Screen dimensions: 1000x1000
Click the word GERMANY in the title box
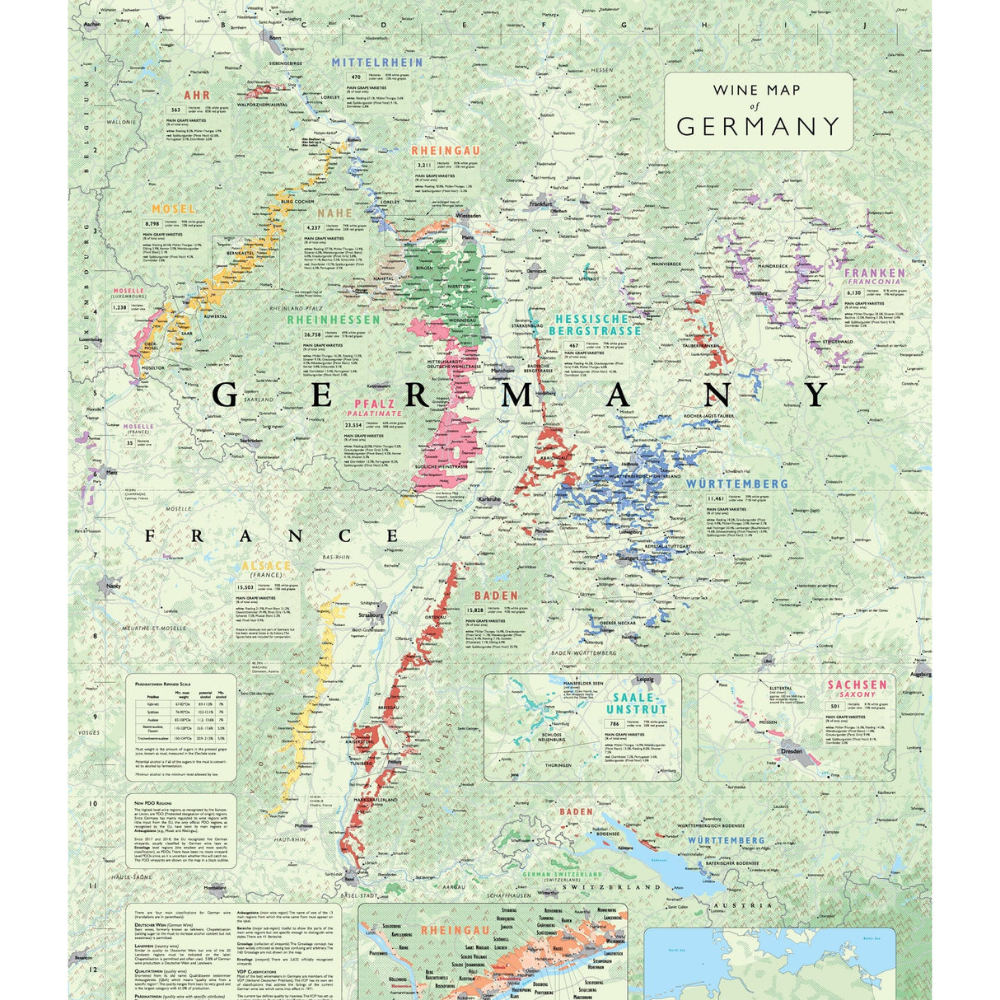[758, 126]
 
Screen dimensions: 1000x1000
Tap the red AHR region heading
[197, 96]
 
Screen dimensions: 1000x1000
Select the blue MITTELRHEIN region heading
[377, 62]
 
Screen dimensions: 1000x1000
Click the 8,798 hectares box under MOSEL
[152, 223]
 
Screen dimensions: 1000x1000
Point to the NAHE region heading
[334, 213]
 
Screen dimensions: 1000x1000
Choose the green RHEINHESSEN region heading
[334, 319]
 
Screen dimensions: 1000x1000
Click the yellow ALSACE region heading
[266, 566]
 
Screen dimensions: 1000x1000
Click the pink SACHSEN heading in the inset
[857, 685]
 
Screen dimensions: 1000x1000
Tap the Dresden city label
[791, 751]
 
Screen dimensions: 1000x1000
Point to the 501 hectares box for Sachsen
[834, 706]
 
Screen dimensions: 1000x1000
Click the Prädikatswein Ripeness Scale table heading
[171, 683]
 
